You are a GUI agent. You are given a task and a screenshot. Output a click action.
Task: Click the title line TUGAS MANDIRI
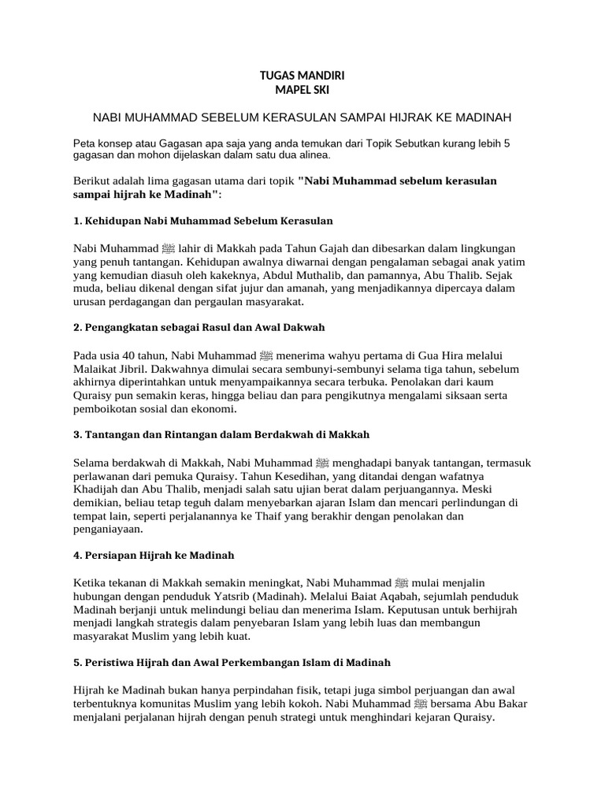[x=302, y=76]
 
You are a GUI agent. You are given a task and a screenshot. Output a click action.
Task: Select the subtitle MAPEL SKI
[x=302, y=90]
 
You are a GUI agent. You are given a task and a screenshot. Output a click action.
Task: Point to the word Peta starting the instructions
[x=84, y=144]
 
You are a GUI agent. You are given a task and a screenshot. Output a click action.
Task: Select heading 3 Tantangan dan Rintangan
[x=221, y=435]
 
